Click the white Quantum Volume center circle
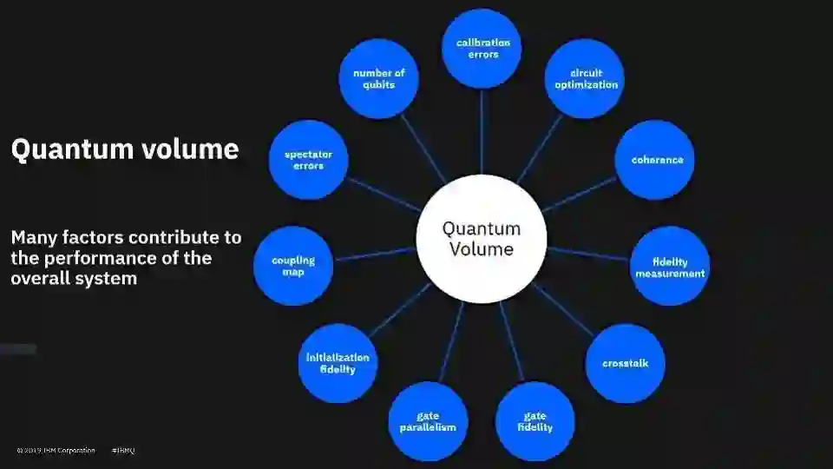pyautogui.click(x=482, y=239)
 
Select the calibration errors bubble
pyautogui.click(x=482, y=49)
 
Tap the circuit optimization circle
pyautogui.click(x=586, y=79)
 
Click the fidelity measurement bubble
pyautogui.click(x=670, y=266)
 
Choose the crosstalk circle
pyautogui.click(x=626, y=363)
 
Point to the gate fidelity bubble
pyautogui.click(x=535, y=421)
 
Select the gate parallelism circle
pyautogui.click(x=428, y=421)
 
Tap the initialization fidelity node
pyautogui.click(x=338, y=363)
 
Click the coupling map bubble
pyautogui.click(x=293, y=266)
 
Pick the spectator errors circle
pyautogui.click(x=308, y=160)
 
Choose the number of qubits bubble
pyautogui.click(x=378, y=79)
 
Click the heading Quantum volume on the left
pyautogui.click(x=124, y=149)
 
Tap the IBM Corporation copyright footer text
pyautogui.click(x=57, y=451)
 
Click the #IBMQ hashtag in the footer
pyautogui.click(x=123, y=451)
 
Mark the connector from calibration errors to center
pyautogui.click(x=482, y=130)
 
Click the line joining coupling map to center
pyautogui.click(x=376, y=254)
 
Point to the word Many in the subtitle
pyautogui.click(x=34, y=237)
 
